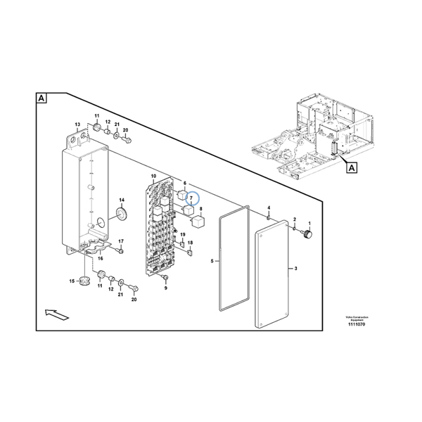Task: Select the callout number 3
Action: [x=295, y=269]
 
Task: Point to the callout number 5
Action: [x=212, y=261]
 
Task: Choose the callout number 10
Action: [x=153, y=175]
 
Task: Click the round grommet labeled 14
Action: [x=120, y=215]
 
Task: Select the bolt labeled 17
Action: [x=121, y=250]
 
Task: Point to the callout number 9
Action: [x=166, y=288]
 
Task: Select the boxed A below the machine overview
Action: [x=350, y=167]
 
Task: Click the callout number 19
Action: [x=183, y=235]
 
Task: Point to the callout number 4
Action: [x=269, y=207]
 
